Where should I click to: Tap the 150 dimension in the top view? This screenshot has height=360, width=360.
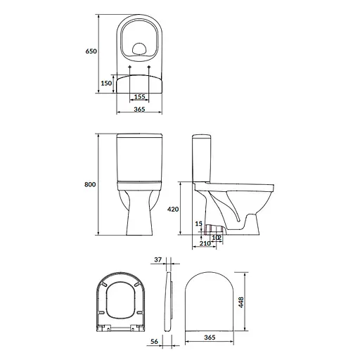coord(105,82)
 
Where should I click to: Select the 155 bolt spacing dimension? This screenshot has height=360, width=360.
coord(139,96)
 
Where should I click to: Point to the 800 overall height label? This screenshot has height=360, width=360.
coord(90,184)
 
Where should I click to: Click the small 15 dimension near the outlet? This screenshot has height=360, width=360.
coord(199,224)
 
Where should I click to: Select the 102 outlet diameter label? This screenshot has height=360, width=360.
coord(218,237)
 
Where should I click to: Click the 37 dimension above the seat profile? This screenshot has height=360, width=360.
coord(159,260)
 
